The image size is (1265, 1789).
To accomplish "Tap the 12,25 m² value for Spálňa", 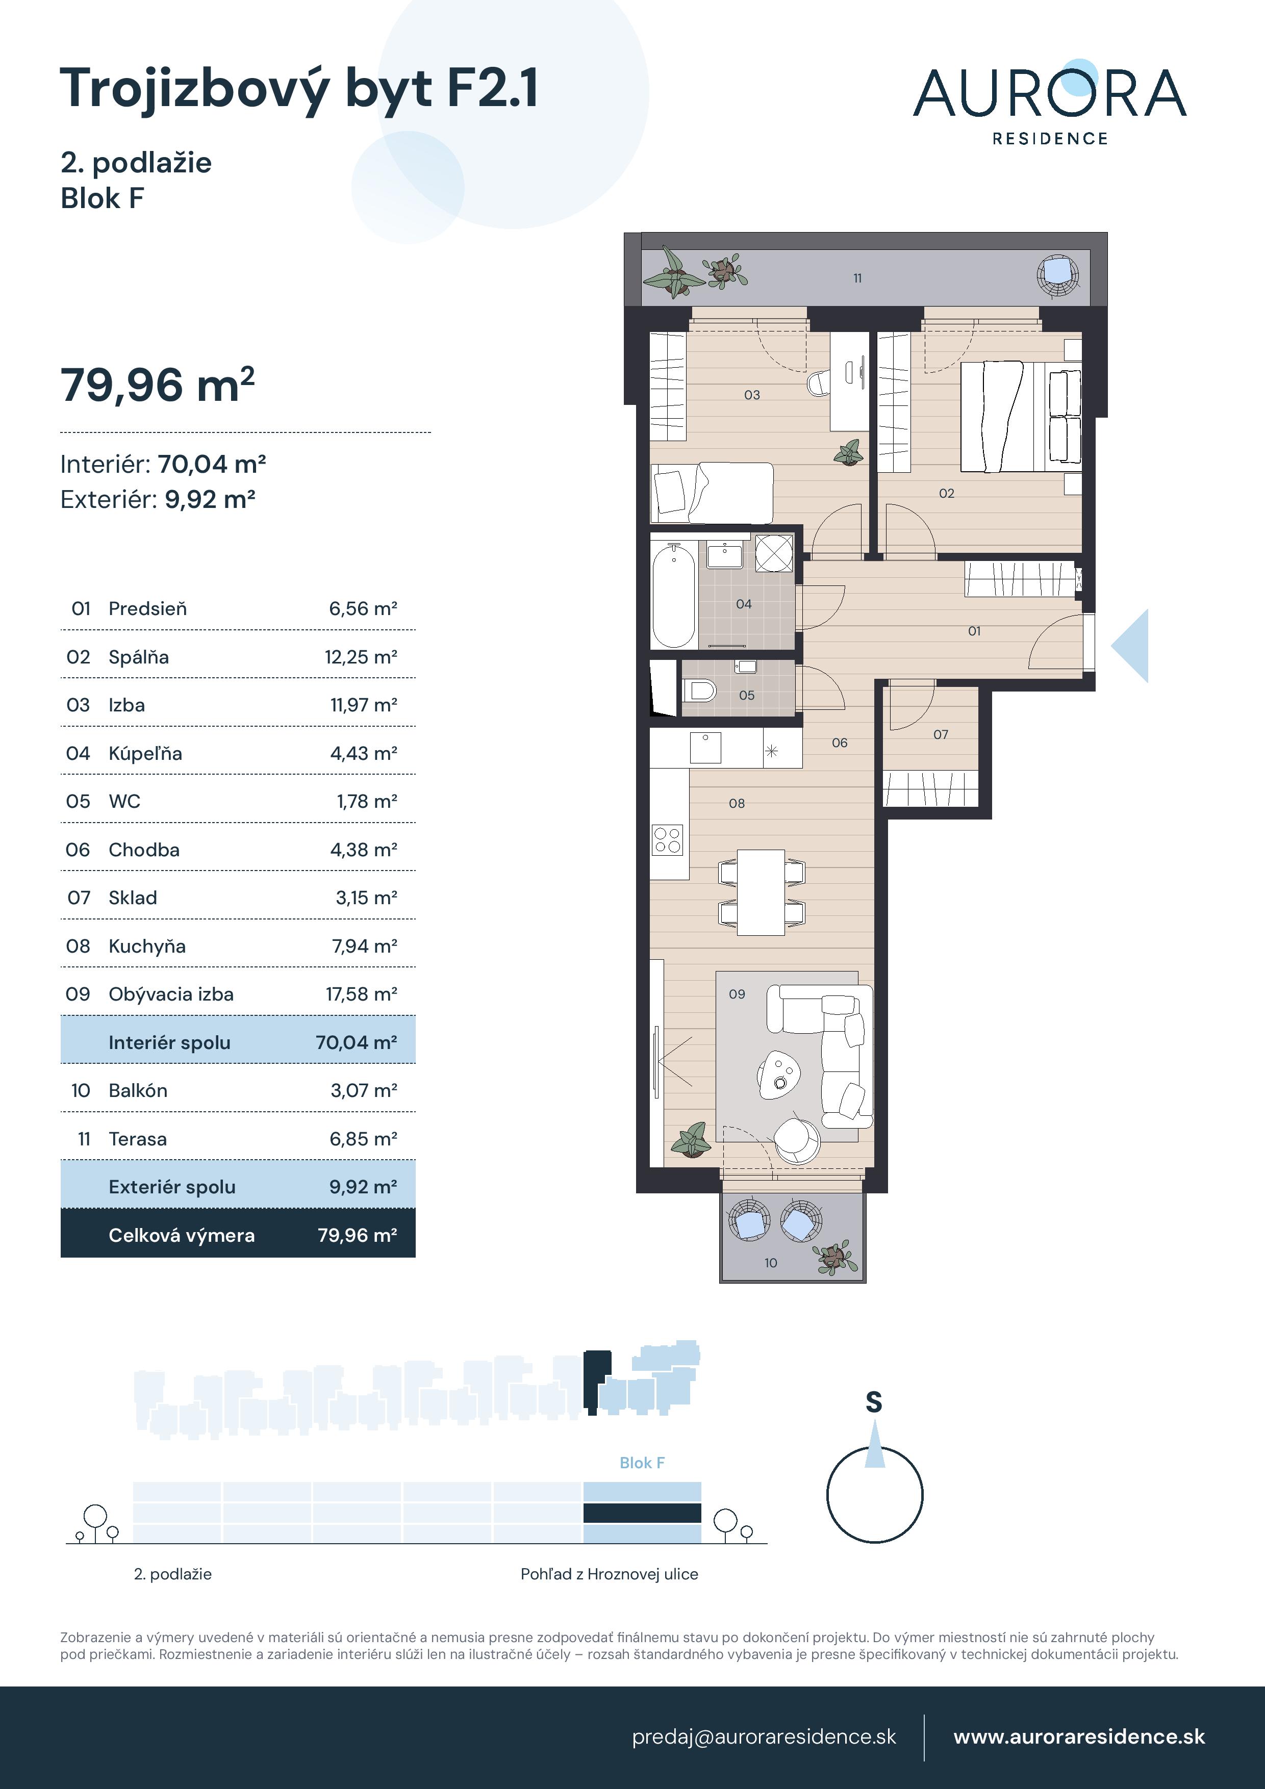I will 361,657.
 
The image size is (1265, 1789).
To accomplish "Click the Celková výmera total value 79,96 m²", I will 357,1235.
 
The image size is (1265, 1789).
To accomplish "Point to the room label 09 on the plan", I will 737,994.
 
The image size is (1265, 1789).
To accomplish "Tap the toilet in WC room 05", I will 700,691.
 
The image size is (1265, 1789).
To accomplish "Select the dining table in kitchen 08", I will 761,892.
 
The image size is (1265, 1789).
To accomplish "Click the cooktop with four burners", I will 668,840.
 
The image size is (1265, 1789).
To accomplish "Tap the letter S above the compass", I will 874,1402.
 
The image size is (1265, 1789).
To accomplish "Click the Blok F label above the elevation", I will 642,1463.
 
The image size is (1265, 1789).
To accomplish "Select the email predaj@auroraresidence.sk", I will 764,1737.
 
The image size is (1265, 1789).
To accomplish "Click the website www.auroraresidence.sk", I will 1079,1737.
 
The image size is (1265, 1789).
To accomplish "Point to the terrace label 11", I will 857,278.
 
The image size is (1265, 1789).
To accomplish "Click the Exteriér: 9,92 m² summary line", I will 158,499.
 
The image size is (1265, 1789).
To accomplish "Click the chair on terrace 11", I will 1058,274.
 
